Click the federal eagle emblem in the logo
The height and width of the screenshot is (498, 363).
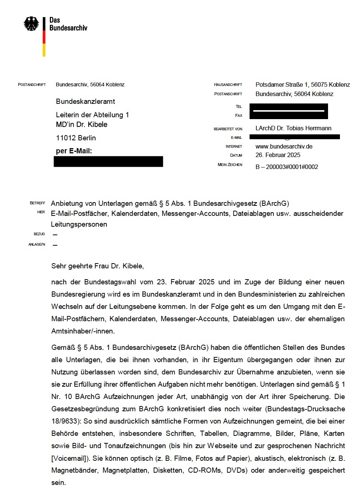click(x=31, y=24)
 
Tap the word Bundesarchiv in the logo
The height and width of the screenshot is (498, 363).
click(x=68, y=28)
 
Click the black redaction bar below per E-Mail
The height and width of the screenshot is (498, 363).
click(x=108, y=162)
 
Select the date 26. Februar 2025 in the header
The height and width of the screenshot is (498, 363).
click(x=278, y=155)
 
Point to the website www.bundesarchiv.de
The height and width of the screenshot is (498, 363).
click(x=284, y=146)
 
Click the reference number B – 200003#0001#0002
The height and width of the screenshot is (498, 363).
click(x=287, y=167)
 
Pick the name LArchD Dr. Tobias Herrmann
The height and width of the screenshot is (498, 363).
click(x=293, y=128)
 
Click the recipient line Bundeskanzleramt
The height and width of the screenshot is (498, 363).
click(x=85, y=101)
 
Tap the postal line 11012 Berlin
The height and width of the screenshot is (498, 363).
click(x=76, y=138)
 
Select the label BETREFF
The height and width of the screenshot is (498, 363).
click(x=38, y=203)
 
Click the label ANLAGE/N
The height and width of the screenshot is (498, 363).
click(x=37, y=245)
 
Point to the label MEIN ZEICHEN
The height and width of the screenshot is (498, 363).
click(x=230, y=165)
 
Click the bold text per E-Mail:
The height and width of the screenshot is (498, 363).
click(x=74, y=151)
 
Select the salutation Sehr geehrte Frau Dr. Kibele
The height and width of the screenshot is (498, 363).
click(x=97, y=266)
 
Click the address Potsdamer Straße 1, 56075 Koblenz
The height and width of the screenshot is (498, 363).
click(x=302, y=84)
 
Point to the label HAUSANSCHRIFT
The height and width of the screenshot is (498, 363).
click(x=228, y=85)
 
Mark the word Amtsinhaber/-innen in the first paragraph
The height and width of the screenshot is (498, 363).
click(x=83, y=331)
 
